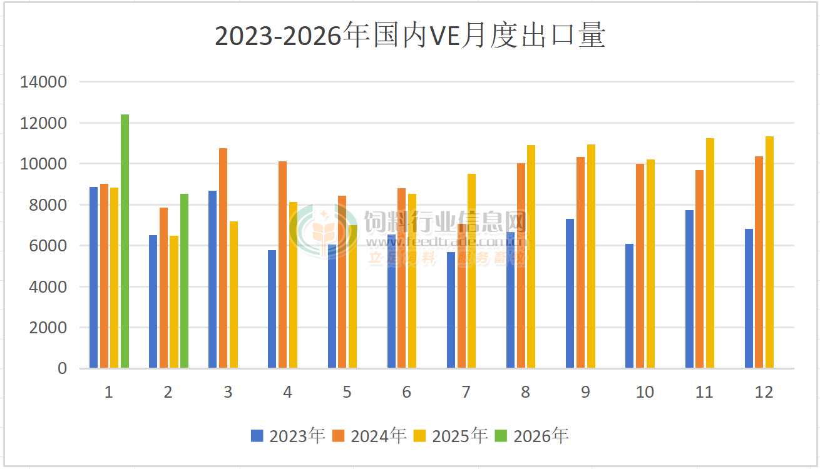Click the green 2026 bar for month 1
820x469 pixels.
tap(125, 241)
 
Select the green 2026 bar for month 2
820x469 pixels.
tap(184, 281)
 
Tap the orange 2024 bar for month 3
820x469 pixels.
tap(223, 258)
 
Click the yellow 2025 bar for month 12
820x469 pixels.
tap(769, 252)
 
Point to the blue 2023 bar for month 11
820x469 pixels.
tap(689, 289)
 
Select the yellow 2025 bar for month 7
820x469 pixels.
tap(471, 271)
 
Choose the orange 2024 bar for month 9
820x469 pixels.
tap(580, 263)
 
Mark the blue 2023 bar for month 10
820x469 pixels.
tap(629, 306)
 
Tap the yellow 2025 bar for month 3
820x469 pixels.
tap(233, 295)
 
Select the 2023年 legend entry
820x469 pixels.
tap(288, 436)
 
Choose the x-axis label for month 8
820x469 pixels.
tap(525, 392)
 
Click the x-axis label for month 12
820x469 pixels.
tap(764, 392)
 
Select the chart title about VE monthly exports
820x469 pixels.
tap(410, 37)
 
